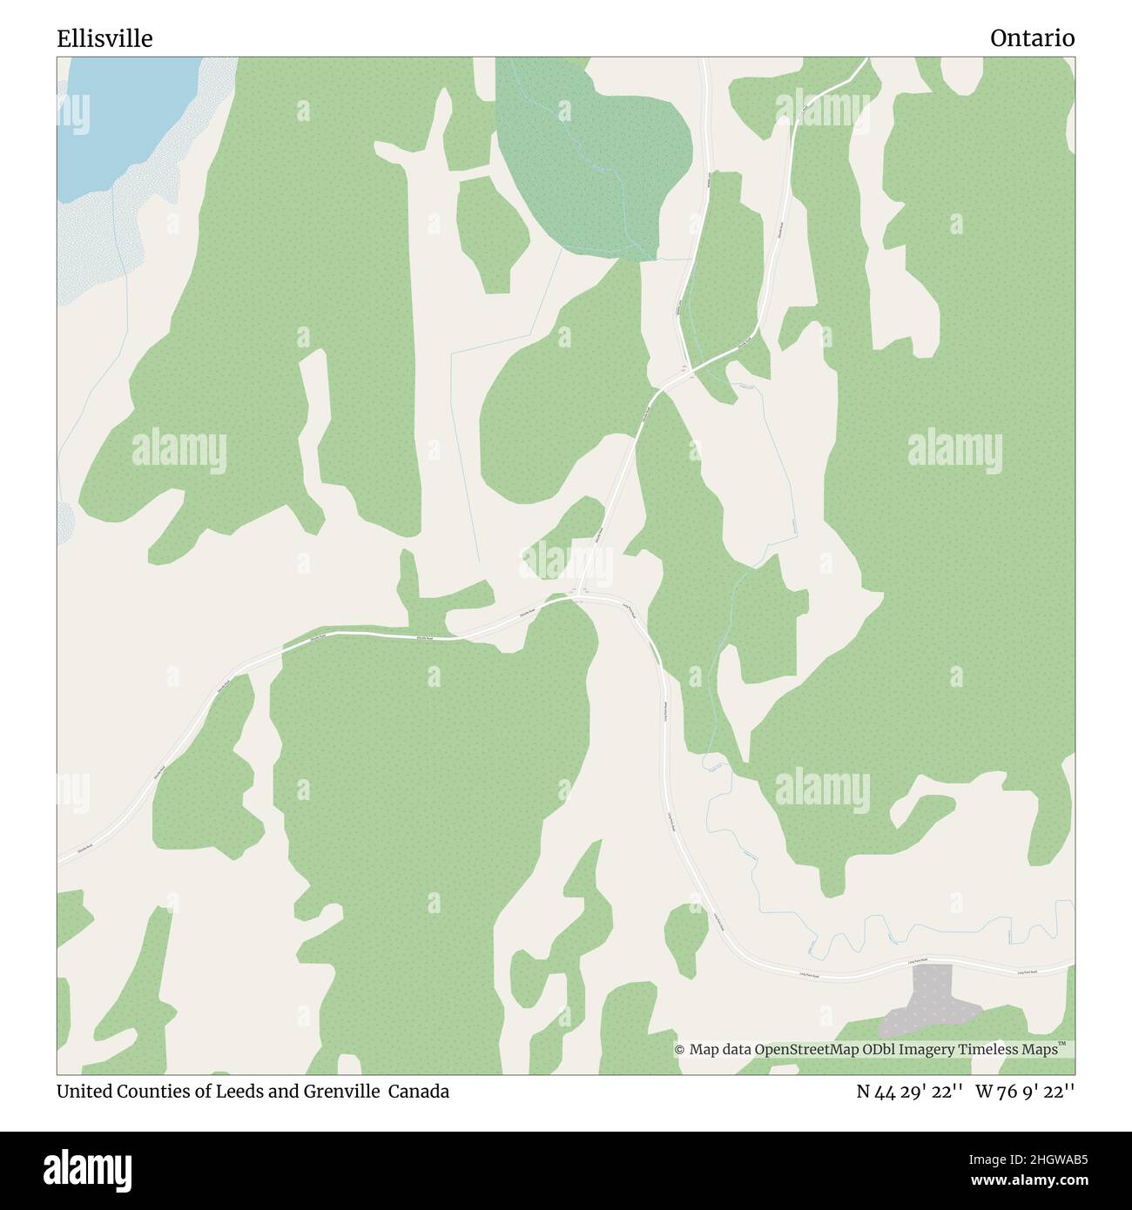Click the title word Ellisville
pos(104,38)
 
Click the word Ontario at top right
pos(1032,38)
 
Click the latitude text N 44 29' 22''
pos(909,1092)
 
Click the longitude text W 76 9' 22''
pos(1025,1092)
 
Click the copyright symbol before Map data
pos(680,1050)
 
